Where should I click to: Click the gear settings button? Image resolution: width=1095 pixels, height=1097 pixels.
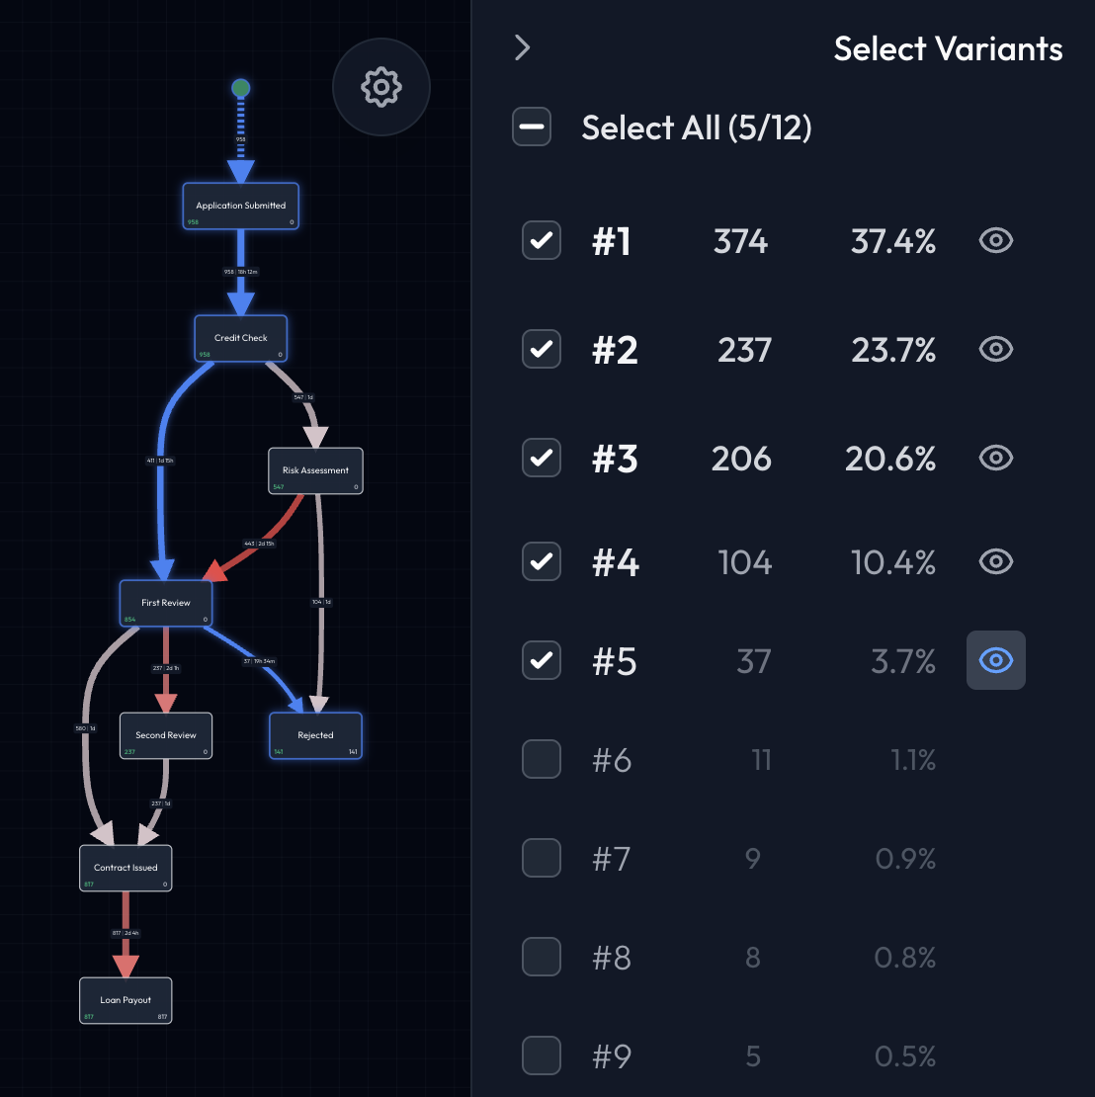[x=381, y=87]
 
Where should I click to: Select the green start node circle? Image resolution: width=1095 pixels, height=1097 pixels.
[x=240, y=89]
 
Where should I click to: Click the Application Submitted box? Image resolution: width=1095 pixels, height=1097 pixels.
[x=240, y=206]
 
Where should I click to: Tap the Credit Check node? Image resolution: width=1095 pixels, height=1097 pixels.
[x=241, y=338]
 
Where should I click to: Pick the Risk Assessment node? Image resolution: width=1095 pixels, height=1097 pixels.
[x=315, y=470]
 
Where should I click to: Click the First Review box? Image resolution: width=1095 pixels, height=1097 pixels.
[x=166, y=603]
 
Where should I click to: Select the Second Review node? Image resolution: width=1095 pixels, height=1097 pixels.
[x=166, y=735]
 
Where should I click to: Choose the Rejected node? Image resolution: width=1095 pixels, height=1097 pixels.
[x=315, y=735]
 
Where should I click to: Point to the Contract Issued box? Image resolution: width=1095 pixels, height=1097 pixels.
[x=126, y=868]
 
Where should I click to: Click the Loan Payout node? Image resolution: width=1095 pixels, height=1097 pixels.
[x=126, y=1000]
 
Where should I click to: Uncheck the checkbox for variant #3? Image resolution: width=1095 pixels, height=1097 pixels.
[x=542, y=458]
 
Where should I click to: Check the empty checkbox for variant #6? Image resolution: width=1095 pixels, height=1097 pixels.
[x=542, y=759]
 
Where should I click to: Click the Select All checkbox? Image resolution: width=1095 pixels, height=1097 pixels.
[x=532, y=127]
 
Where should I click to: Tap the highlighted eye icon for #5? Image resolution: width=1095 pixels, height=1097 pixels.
[x=995, y=660]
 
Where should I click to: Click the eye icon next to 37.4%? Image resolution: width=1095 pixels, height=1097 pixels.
[x=995, y=240]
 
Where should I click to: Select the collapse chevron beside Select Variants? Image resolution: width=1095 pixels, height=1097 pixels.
[x=523, y=47]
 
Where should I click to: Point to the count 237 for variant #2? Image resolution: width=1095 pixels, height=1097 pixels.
[x=743, y=349]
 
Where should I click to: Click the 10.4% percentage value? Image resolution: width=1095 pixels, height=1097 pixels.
[x=892, y=562]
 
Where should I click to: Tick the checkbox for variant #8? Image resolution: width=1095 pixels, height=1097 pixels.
[x=542, y=957]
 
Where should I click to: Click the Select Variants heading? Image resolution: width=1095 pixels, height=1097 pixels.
[x=948, y=48]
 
